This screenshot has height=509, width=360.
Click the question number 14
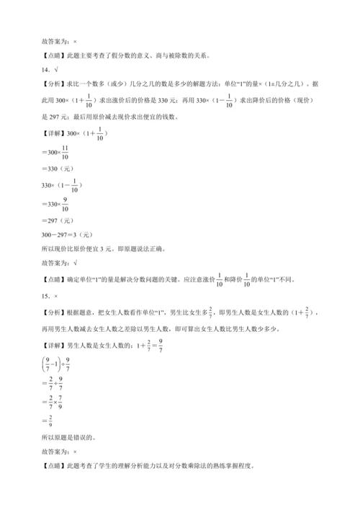(45, 70)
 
